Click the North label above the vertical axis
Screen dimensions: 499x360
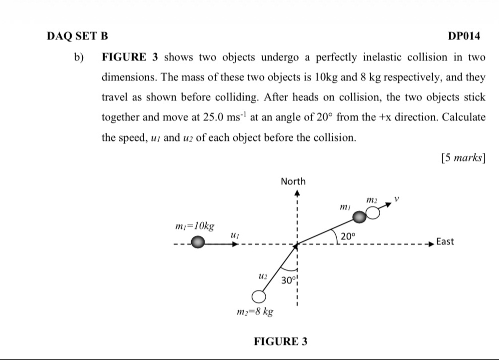coord(293,182)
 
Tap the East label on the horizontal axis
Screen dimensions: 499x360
coord(445,242)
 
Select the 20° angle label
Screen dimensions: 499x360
coord(348,237)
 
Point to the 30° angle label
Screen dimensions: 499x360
coord(288,280)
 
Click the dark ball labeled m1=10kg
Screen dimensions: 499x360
coord(198,242)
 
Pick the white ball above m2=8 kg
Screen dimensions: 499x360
coord(259,297)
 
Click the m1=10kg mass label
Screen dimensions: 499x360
coord(195,226)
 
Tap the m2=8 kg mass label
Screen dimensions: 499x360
coord(255,312)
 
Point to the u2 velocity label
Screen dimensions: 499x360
coord(263,276)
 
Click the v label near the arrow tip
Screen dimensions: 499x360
coord(396,199)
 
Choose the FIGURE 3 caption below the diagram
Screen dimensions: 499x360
coord(280,341)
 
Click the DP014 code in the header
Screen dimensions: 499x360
coord(464,36)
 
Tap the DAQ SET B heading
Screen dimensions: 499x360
coord(77,36)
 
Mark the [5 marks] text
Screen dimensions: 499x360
coord(463,158)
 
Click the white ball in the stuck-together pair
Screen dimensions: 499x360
coord(373,213)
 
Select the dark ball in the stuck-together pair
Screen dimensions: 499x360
coord(360,217)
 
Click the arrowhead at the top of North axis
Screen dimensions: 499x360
coord(297,193)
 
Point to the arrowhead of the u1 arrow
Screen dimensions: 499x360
coord(235,244)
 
